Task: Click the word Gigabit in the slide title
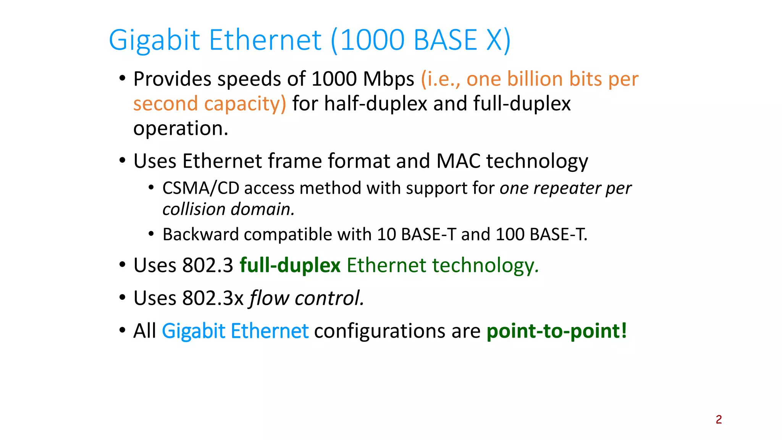point(154,40)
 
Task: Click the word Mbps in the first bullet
point(388,79)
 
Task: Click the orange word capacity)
point(245,104)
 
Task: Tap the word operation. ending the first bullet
point(181,128)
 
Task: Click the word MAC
point(458,161)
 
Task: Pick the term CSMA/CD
point(200,188)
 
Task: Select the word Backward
point(200,235)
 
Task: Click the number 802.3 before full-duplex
point(208,265)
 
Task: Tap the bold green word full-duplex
point(290,265)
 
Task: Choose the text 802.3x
point(213,298)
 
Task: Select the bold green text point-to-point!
point(556,331)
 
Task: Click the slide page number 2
point(719,419)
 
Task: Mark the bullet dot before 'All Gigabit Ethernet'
point(122,330)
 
